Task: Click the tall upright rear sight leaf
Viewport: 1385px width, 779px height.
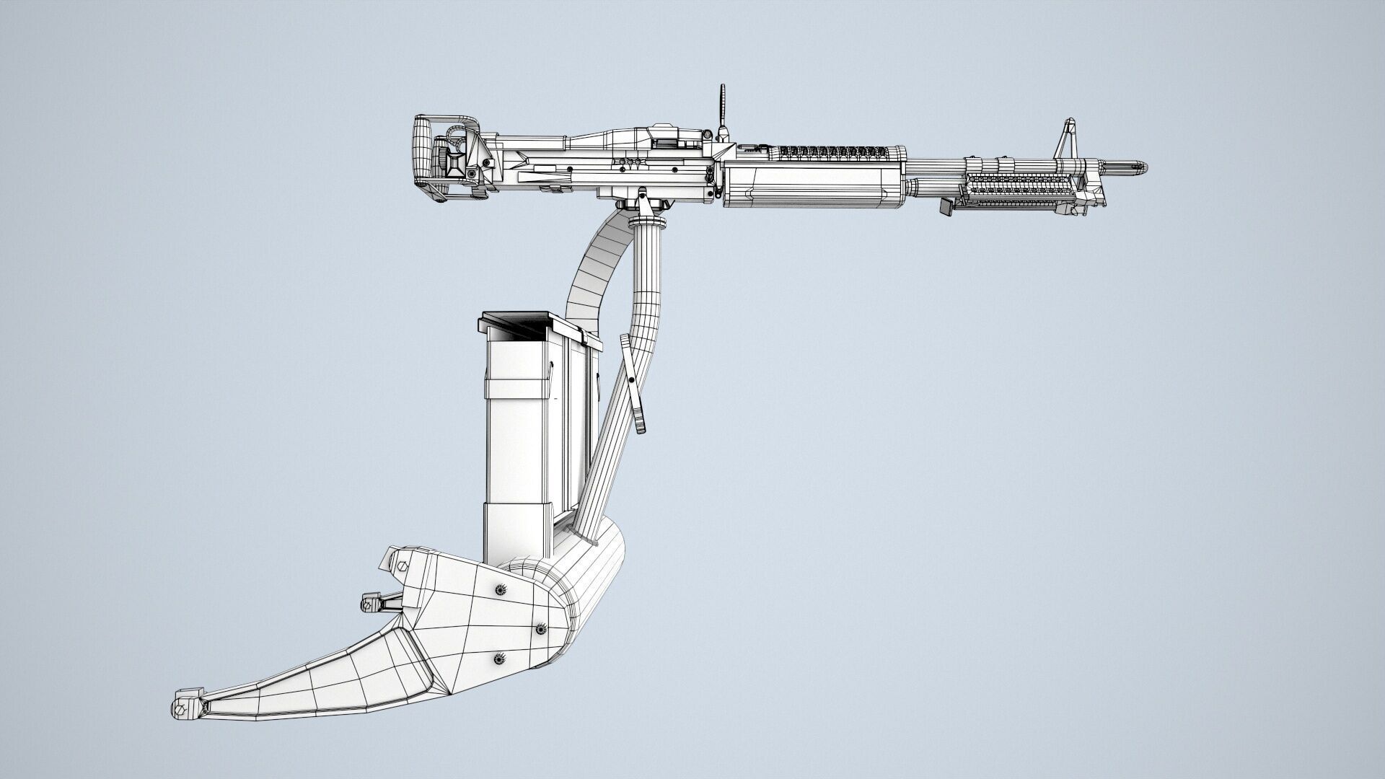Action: click(x=721, y=108)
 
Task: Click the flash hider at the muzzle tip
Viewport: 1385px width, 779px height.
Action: click(x=1133, y=169)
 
